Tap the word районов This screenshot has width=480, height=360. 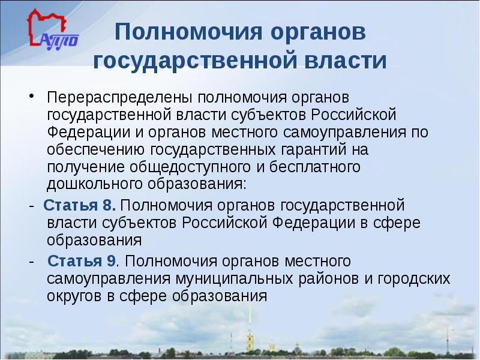click(323, 279)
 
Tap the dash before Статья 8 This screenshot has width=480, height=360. click(30, 206)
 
